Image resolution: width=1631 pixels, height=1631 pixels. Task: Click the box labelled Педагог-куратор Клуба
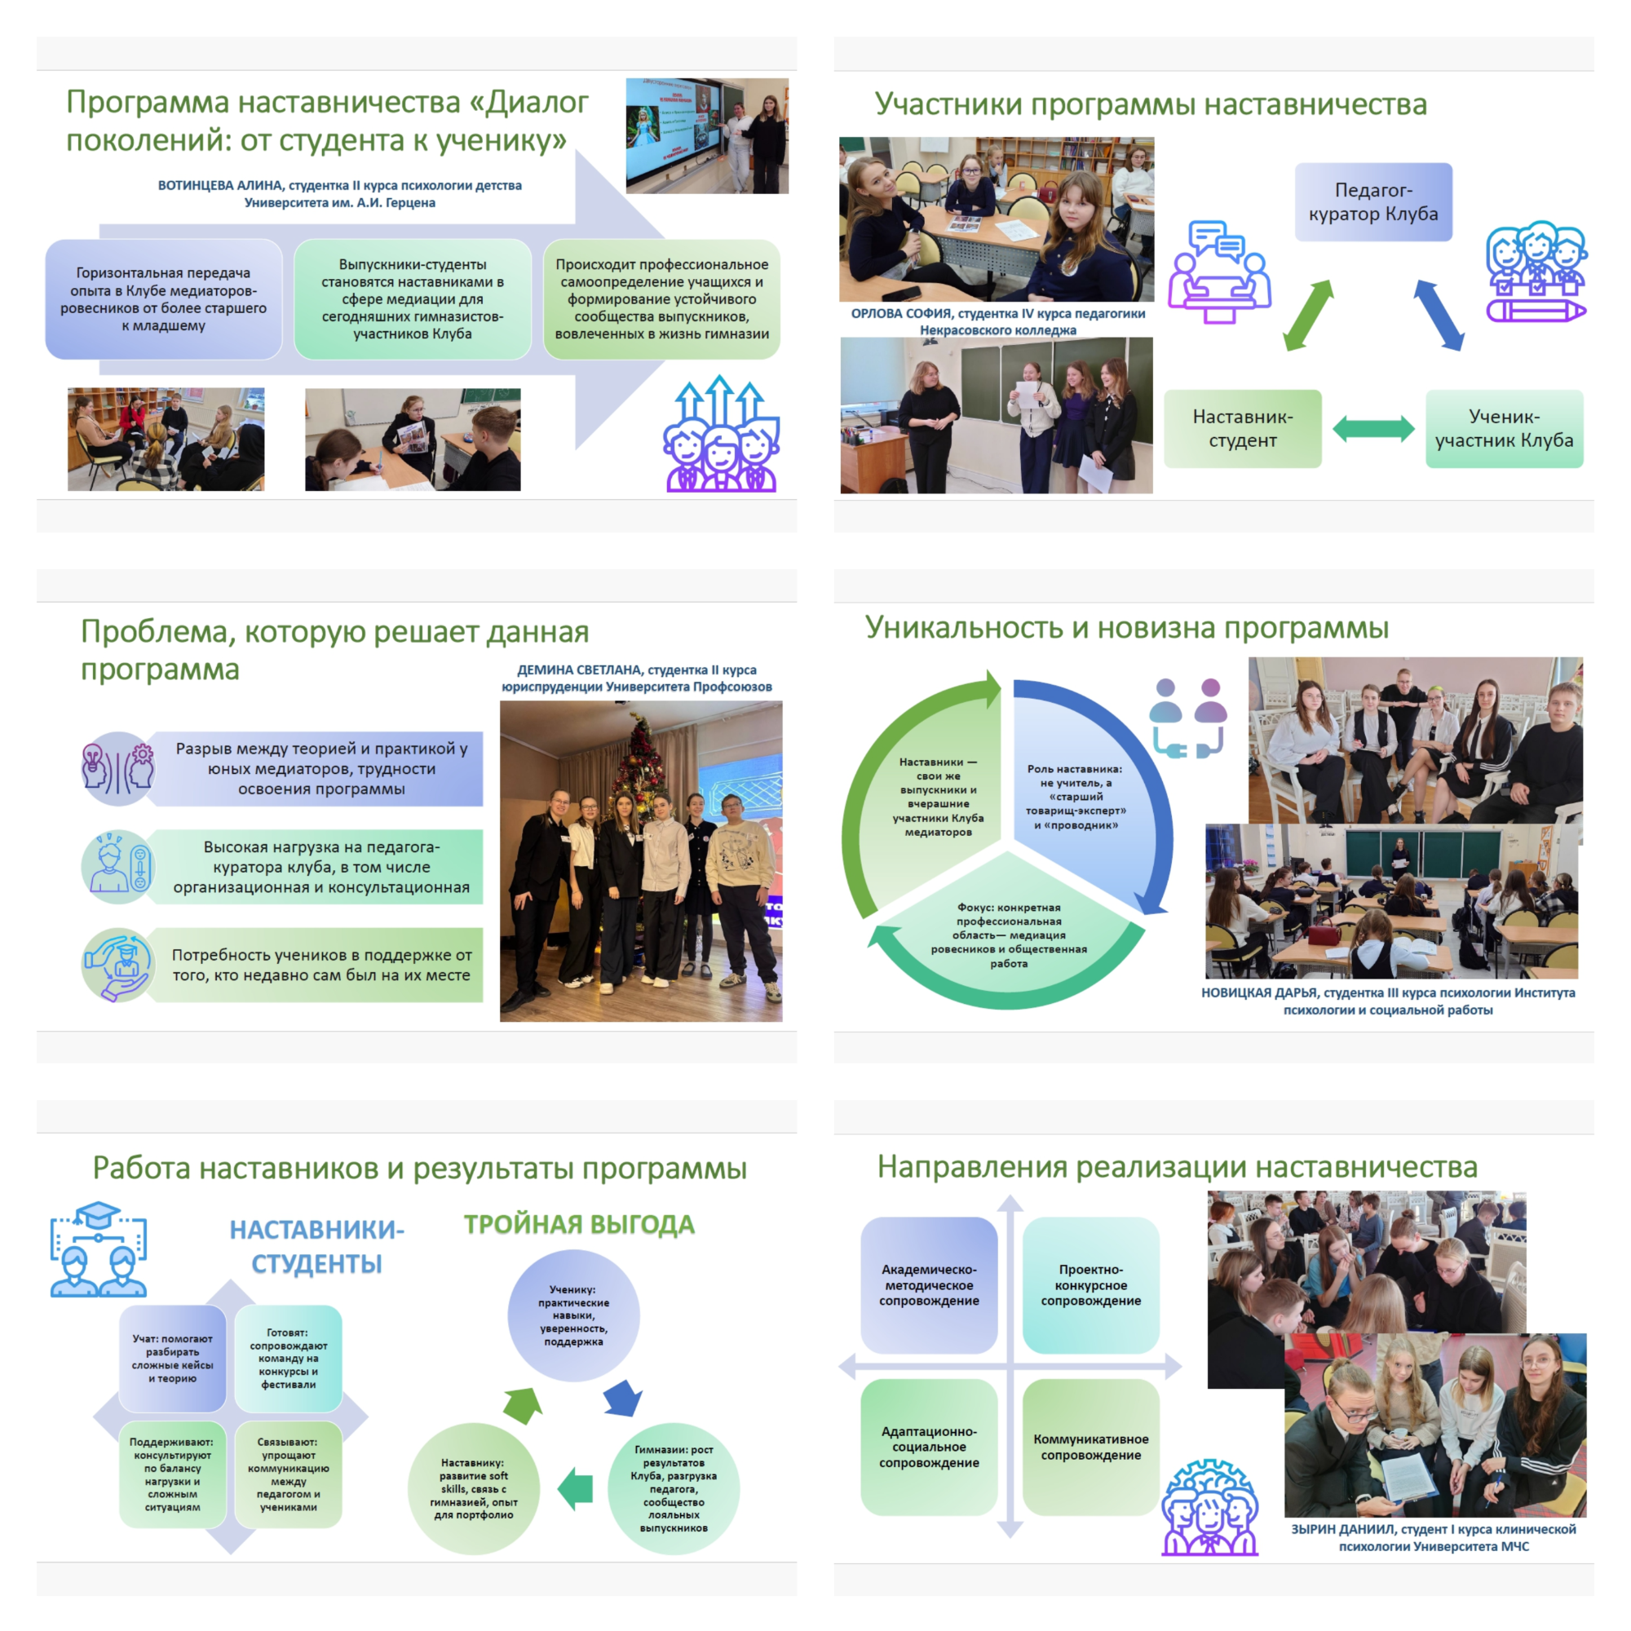coord(1372,201)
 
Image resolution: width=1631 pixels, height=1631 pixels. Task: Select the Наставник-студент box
coord(1242,428)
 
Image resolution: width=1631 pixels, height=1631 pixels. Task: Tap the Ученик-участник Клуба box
coord(1504,428)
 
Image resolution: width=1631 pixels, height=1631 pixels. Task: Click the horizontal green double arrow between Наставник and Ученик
coord(1372,429)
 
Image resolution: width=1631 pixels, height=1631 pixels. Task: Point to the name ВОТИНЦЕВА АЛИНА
coord(221,186)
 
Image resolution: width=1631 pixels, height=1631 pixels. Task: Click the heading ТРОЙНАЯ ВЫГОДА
coord(579,1224)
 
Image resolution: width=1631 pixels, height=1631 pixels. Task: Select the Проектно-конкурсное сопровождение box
coord(1090,1284)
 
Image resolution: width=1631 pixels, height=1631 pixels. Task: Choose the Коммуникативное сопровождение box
coord(1090,1446)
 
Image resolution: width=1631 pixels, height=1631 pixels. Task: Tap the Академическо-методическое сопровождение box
coord(929,1284)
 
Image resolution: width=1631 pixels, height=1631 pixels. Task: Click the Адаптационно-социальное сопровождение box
coord(929,1446)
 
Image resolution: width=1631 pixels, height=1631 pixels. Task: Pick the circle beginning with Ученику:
coord(573,1315)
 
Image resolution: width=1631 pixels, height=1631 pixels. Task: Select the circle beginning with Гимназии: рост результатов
coord(674,1487)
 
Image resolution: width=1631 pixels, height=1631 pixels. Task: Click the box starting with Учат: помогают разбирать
coord(172,1358)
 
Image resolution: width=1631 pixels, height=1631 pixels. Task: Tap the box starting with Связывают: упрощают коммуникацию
coord(288,1474)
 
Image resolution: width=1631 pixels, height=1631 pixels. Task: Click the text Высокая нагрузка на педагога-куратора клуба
coord(320,866)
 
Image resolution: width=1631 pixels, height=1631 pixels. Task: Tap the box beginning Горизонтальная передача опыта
coord(163,298)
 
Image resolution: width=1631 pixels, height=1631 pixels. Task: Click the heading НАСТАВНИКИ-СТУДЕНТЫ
coord(316,1246)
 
